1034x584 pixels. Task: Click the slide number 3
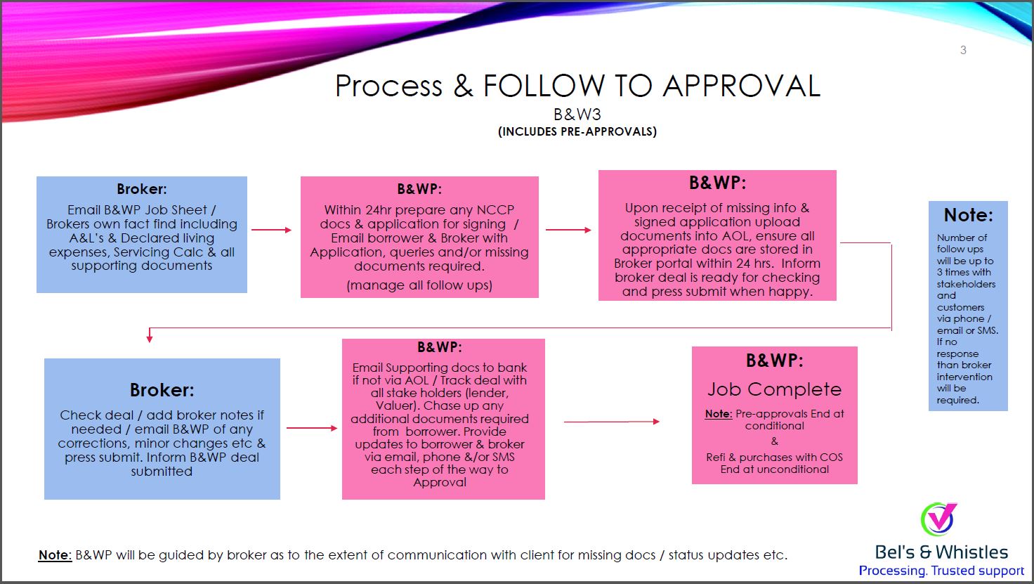tap(963, 50)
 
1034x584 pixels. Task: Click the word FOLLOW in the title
tap(543, 86)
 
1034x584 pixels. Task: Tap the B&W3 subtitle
tap(577, 115)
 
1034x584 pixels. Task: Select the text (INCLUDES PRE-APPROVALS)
tap(577, 131)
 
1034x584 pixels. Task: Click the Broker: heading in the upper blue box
tap(142, 189)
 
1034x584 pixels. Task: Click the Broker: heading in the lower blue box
tap(162, 390)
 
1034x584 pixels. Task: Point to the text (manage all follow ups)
tap(419, 285)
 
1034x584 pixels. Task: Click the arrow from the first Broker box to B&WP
tap(271, 230)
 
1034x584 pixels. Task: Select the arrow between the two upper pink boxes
tap(568, 230)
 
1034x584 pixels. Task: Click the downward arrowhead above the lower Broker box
tap(150, 339)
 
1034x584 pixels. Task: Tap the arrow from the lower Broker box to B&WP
tap(312, 428)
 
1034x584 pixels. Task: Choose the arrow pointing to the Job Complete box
tap(612, 422)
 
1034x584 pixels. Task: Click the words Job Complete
tap(775, 389)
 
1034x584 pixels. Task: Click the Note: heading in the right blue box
tap(968, 214)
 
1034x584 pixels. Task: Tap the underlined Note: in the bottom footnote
tap(55, 554)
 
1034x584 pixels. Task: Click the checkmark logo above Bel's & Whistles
tap(938, 519)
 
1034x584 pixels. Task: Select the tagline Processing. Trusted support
tap(941, 571)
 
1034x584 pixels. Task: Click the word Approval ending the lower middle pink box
tap(440, 482)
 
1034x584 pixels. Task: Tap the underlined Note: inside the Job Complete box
tap(719, 414)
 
